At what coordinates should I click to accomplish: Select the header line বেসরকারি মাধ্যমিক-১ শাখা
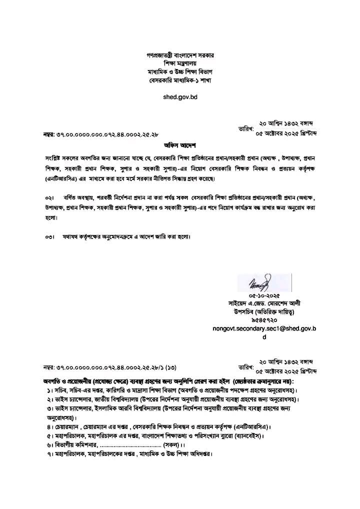(x=180, y=80)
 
